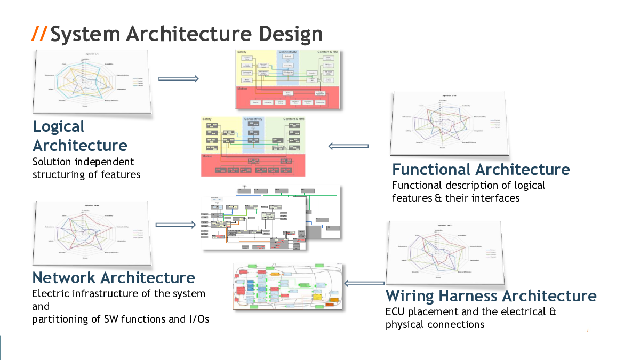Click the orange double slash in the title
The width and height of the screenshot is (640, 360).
(x=39, y=34)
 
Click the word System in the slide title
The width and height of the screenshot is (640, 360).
(x=85, y=34)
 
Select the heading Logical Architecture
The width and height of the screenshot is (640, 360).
(x=80, y=136)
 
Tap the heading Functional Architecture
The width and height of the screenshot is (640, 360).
(x=481, y=170)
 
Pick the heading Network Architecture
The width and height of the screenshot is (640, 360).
(x=114, y=277)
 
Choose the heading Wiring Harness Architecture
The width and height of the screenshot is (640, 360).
(x=491, y=295)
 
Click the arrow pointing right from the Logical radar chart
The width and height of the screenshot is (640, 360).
(x=178, y=79)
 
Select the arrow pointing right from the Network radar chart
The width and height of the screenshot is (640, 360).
(x=175, y=225)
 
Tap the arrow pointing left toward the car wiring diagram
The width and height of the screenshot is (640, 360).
(x=364, y=283)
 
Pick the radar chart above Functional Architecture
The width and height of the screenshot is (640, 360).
(x=448, y=123)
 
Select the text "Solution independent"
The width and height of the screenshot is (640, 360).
(x=83, y=162)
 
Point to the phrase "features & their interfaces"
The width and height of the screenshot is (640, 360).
(x=455, y=198)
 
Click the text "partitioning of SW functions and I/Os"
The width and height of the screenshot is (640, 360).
(x=121, y=319)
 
